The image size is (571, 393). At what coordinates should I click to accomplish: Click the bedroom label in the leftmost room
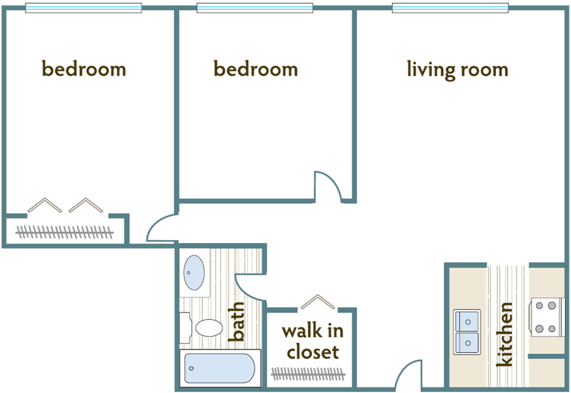pyautogui.click(x=84, y=69)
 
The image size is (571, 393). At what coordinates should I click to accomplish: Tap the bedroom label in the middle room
pyautogui.click(x=256, y=69)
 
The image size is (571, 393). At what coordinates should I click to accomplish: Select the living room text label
pyautogui.click(x=457, y=70)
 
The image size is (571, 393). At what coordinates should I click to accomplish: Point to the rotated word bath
pyautogui.click(x=237, y=322)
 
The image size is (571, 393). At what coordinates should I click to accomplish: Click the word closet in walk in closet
pyautogui.click(x=312, y=352)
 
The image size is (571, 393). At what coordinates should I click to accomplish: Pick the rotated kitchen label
pyautogui.click(x=505, y=334)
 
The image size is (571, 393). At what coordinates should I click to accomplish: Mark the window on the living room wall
pyautogui.click(x=450, y=8)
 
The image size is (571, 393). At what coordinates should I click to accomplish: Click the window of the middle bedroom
pyautogui.click(x=254, y=8)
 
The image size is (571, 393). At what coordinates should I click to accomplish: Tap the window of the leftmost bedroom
pyautogui.click(x=83, y=8)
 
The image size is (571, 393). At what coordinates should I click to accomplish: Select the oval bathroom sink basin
pyautogui.click(x=194, y=273)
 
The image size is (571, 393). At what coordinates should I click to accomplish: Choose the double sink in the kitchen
pyautogui.click(x=467, y=331)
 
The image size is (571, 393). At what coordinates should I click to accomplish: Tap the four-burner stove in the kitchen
pyautogui.click(x=546, y=317)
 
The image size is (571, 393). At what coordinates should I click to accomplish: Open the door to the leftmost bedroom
pyautogui.click(x=161, y=230)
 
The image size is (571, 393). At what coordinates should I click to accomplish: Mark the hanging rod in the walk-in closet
pyautogui.click(x=308, y=373)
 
